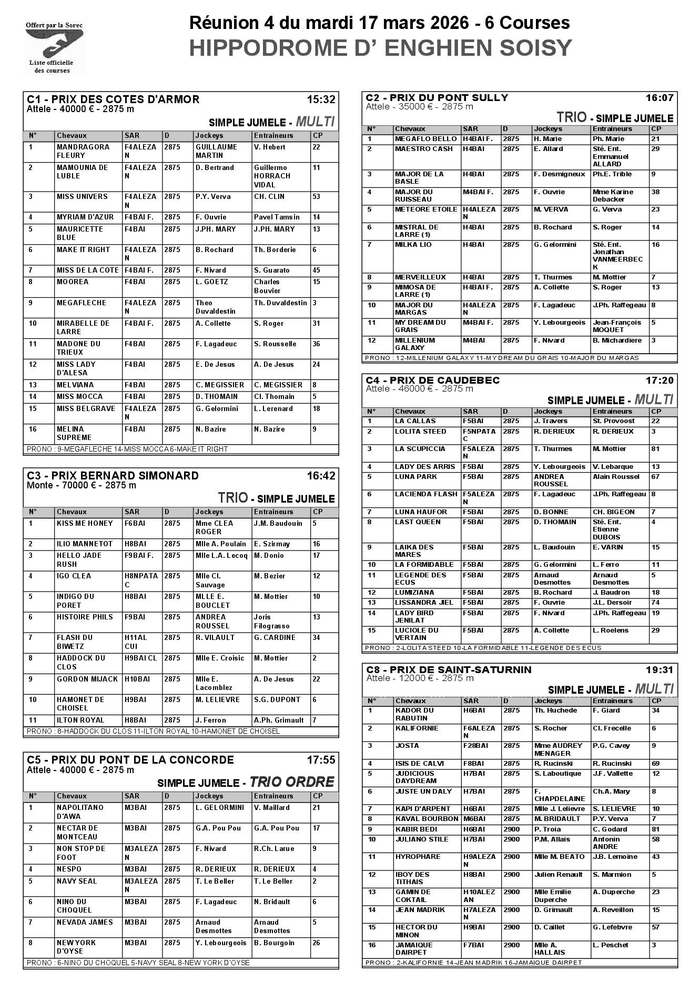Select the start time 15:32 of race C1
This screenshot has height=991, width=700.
[x=321, y=99]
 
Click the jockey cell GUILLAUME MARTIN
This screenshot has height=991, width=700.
[x=216, y=151]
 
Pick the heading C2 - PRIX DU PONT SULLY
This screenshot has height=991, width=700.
[x=437, y=97]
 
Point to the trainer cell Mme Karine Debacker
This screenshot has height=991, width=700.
[x=613, y=195]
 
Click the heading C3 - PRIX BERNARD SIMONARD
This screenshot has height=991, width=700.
[x=113, y=476]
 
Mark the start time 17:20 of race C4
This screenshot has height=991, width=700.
[x=660, y=380]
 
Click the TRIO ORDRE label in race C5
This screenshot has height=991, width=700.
[x=291, y=782]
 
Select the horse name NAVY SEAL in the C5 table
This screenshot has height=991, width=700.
[x=77, y=881]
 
